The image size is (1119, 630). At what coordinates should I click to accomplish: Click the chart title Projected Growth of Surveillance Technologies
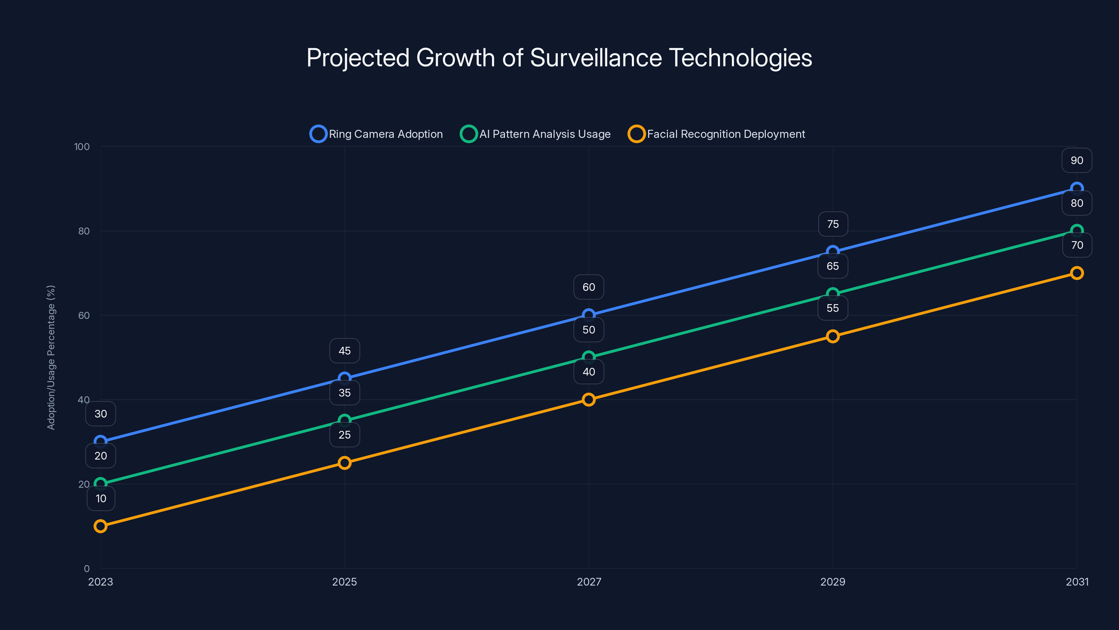(x=559, y=58)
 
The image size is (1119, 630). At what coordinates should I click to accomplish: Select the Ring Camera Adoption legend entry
(x=376, y=134)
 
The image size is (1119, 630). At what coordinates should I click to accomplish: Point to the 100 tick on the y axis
(x=82, y=147)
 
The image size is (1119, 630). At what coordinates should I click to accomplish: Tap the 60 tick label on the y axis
(x=84, y=316)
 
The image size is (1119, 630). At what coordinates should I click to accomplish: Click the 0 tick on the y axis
(x=86, y=569)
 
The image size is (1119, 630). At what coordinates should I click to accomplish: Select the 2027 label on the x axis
(x=589, y=582)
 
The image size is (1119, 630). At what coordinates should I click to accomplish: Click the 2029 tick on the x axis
(x=832, y=582)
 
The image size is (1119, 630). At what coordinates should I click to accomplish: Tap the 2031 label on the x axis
(x=1077, y=582)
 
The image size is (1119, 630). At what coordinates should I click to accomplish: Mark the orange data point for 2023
(x=100, y=526)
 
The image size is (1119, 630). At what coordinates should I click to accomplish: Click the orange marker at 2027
(x=589, y=400)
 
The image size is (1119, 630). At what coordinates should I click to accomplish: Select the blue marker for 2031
(x=1076, y=189)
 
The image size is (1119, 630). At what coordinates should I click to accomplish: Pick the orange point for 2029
(x=832, y=336)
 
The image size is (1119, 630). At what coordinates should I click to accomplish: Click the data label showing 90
(x=1076, y=160)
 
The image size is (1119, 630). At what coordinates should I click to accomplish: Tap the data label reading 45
(x=344, y=351)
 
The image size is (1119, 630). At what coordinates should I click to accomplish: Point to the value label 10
(x=101, y=499)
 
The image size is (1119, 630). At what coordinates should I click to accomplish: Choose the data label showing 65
(x=832, y=266)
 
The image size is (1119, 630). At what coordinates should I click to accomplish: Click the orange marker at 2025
(x=344, y=463)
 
